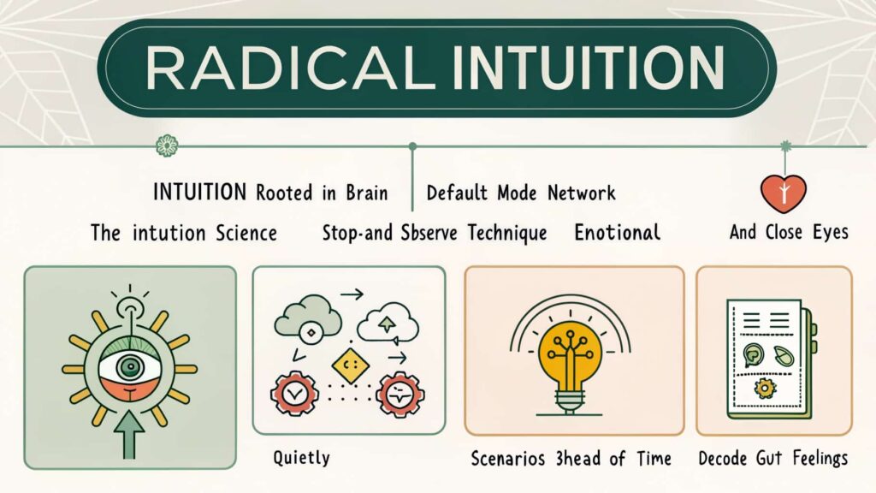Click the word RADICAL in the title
[x=290, y=68]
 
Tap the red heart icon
[x=784, y=193]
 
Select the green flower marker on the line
[x=167, y=146]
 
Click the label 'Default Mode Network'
[x=521, y=193]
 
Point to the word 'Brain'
[x=366, y=193]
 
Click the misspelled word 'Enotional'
[x=618, y=232]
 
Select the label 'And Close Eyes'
[x=789, y=232]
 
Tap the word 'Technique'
[x=506, y=233]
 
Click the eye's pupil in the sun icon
[x=130, y=366]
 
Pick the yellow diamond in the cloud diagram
[x=350, y=366]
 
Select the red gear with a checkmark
[x=294, y=394]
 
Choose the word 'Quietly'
[x=301, y=458]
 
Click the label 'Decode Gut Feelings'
[x=773, y=459]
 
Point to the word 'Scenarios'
[x=508, y=459]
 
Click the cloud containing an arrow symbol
[x=388, y=323]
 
